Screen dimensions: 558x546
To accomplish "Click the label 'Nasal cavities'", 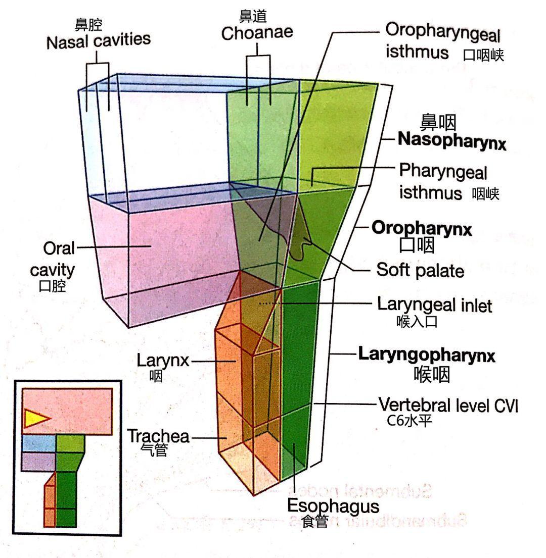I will [99, 40].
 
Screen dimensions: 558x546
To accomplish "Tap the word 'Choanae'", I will [257, 33].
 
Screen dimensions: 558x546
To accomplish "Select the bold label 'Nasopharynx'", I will [451, 141].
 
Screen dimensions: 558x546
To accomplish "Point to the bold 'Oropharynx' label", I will [422, 228].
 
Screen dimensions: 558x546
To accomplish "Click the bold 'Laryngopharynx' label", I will [427, 354].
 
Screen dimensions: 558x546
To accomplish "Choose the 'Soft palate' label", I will [420, 271].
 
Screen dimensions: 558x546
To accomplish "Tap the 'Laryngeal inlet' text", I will [434, 305].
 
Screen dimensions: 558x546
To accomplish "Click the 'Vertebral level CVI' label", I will [448, 404].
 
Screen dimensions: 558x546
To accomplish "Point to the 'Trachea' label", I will [158, 436].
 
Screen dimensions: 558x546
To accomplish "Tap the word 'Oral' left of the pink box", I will [59, 248].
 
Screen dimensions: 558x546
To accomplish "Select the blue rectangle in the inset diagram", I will [38, 443].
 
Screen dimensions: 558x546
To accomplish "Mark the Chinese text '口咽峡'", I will [484, 56].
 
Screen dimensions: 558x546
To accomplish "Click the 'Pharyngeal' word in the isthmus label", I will [443, 172].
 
